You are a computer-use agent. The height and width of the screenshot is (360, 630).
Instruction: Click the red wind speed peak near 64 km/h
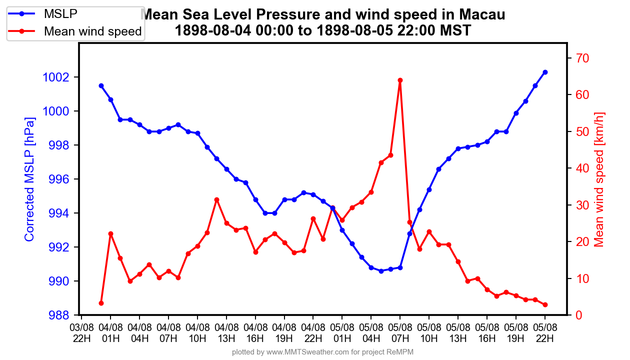(400, 80)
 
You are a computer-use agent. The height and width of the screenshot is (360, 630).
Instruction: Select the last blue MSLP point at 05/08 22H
(545, 72)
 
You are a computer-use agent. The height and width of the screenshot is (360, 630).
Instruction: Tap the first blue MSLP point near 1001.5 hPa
(101, 85)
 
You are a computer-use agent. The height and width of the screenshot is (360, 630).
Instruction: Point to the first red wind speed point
(101, 303)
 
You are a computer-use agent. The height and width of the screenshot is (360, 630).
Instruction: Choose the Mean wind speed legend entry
(92, 31)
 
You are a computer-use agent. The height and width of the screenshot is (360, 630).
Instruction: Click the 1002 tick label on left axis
(58, 77)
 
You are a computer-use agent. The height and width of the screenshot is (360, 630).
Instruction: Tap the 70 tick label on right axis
(582, 58)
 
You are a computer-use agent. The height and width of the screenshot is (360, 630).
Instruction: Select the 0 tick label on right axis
(578, 315)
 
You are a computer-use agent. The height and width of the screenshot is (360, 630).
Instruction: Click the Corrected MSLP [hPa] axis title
(29, 179)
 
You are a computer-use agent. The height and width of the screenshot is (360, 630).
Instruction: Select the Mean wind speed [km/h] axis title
(599, 179)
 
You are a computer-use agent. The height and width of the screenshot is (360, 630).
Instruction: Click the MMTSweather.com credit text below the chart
(322, 352)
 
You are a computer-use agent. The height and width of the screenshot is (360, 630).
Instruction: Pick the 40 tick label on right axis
(582, 168)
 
